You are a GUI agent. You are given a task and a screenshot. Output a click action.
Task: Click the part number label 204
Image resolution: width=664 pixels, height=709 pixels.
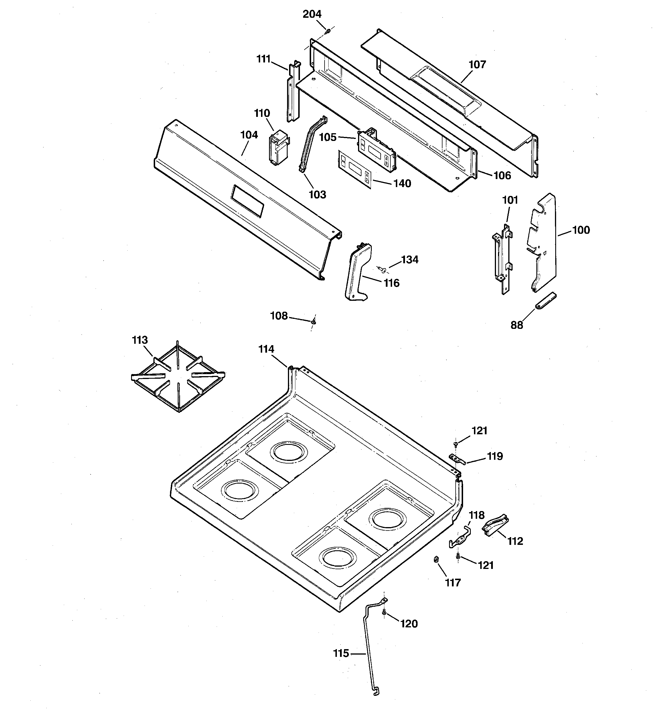312,14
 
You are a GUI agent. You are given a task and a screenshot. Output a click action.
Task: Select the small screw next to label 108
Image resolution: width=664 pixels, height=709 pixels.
314,322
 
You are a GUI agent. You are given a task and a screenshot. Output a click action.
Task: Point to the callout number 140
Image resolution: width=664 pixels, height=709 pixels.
402,183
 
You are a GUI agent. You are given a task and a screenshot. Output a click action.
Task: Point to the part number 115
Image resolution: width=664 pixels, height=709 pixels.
341,653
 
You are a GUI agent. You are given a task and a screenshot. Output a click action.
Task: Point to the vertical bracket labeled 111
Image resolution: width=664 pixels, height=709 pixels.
294,92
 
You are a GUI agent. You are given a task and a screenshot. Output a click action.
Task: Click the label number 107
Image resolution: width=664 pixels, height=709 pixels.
477,64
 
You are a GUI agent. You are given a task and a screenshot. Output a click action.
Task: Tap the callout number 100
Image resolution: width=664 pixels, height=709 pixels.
581,230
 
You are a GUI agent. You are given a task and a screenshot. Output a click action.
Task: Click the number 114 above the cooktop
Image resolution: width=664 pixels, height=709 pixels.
266,349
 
